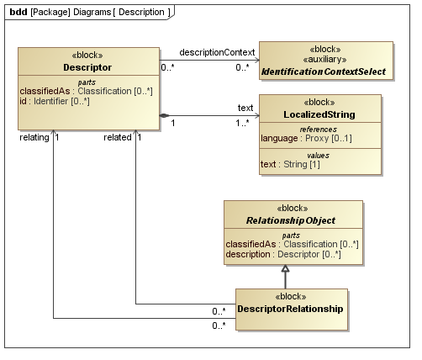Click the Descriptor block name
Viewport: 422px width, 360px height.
tap(88, 66)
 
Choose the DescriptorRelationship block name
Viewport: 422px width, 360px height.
tap(291, 309)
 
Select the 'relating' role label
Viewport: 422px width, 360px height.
tap(34, 137)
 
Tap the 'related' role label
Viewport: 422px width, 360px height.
tap(118, 137)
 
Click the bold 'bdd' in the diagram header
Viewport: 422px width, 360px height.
tap(18, 12)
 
